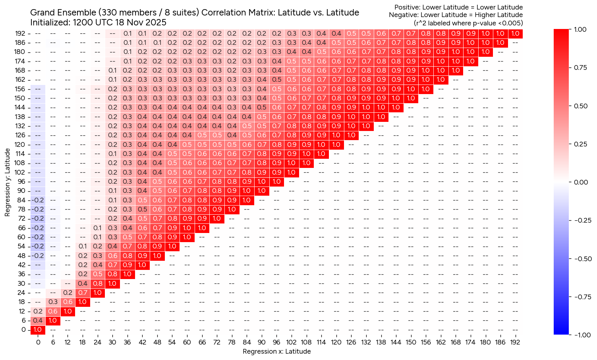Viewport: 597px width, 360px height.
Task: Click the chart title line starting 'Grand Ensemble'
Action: [x=195, y=13]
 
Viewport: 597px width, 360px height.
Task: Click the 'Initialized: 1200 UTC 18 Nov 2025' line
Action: [x=98, y=23]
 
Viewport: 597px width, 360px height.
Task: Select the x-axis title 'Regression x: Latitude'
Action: [x=276, y=351]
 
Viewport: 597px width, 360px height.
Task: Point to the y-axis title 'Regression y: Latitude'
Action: [x=8, y=182]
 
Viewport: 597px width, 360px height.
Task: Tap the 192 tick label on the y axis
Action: [x=20, y=33]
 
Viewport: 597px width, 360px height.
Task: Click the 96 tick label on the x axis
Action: [x=276, y=343]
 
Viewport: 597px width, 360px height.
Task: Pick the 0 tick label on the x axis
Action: [x=38, y=343]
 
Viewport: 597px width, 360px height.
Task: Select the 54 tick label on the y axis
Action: [x=22, y=246]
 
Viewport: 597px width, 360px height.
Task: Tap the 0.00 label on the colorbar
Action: [x=581, y=182]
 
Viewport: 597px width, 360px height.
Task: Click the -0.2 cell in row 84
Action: [x=38, y=200]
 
